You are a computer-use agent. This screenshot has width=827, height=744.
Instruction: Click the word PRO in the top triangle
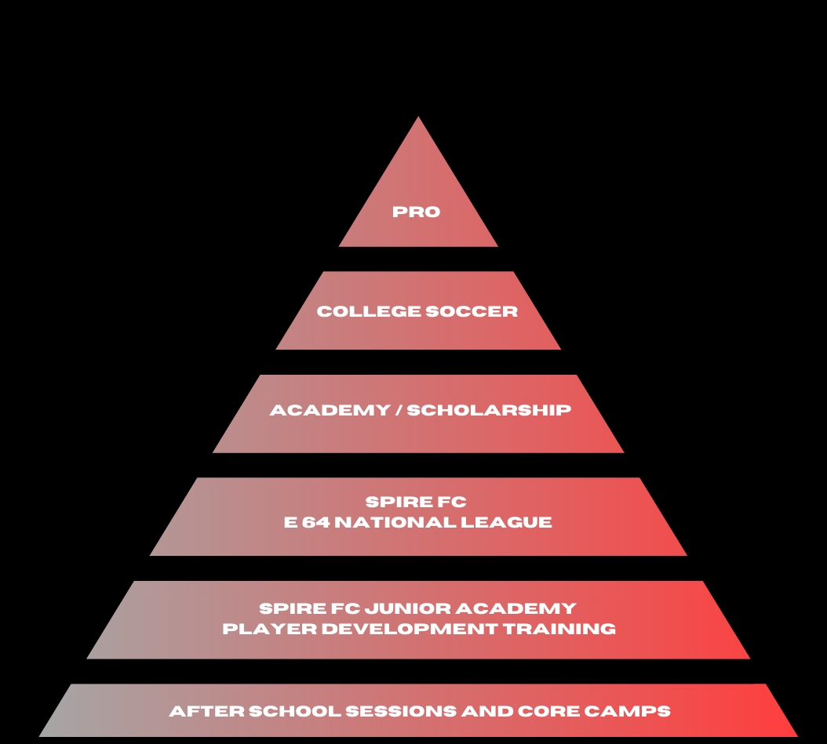click(x=416, y=212)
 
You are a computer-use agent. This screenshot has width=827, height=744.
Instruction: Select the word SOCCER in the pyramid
click(x=472, y=311)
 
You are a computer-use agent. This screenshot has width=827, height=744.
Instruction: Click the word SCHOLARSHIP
click(x=489, y=410)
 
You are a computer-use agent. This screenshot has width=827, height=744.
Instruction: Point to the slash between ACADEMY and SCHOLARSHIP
click(x=399, y=410)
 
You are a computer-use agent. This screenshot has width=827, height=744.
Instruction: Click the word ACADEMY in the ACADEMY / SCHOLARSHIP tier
click(x=330, y=410)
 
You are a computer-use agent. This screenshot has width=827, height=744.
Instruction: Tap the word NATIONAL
click(x=395, y=522)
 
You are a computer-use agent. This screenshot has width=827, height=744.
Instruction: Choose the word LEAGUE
click(x=506, y=522)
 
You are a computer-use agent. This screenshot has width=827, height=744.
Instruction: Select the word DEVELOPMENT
click(x=410, y=629)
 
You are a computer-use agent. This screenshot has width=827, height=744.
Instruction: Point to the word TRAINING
click(x=559, y=629)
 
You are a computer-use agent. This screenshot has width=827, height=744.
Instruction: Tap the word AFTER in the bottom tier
click(x=207, y=711)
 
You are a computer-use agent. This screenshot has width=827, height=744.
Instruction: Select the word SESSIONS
click(x=401, y=711)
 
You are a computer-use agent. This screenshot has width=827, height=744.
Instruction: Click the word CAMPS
click(x=627, y=711)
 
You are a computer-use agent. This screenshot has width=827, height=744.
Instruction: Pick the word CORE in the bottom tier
click(x=548, y=711)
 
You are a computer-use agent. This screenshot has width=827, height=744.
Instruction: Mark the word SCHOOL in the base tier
click(x=295, y=711)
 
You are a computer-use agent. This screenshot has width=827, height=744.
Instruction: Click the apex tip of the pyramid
click(x=418, y=117)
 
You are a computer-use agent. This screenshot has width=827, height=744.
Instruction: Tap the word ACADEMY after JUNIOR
click(x=516, y=608)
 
